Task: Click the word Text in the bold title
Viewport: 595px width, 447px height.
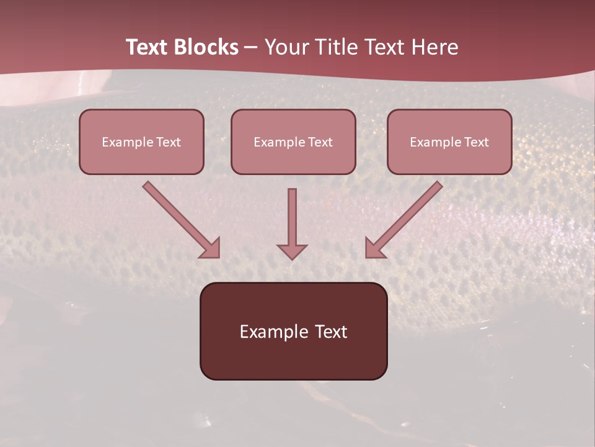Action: (146, 47)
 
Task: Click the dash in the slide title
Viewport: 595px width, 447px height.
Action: (251, 48)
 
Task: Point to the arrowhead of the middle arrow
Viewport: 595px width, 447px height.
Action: (292, 251)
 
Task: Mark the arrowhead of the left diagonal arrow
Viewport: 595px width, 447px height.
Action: (211, 248)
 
